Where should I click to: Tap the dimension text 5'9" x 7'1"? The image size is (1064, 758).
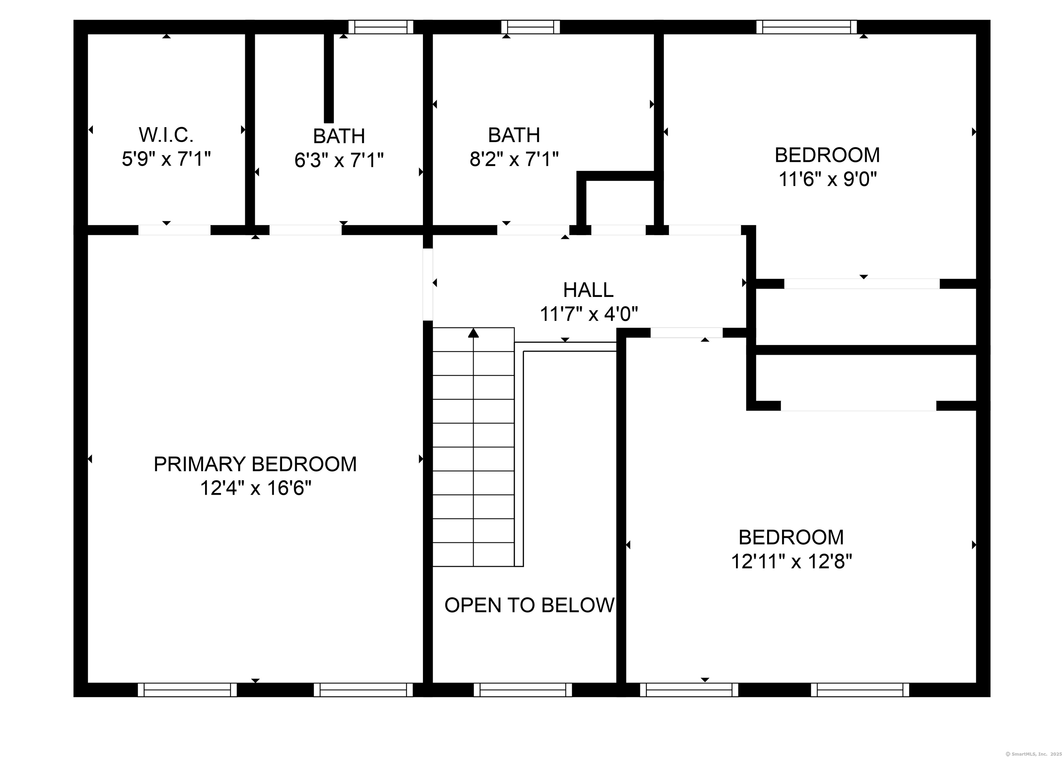(x=166, y=159)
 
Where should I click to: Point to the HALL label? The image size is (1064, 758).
(x=588, y=290)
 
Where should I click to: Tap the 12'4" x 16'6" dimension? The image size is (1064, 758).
(x=255, y=488)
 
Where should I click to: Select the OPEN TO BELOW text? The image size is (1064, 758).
(x=529, y=605)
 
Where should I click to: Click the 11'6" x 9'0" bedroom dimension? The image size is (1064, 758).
(x=827, y=179)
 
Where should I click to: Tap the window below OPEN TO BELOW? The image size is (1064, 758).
(x=523, y=690)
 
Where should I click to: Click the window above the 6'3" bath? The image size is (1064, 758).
(x=381, y=27)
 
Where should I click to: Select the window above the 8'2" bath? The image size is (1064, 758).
(x=531, y=27)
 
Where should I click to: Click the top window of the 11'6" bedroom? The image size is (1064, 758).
(x=806, y=27)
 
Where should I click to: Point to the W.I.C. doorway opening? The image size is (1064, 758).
(x=174, y=230)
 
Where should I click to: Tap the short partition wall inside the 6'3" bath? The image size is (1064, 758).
(x=329, y=77)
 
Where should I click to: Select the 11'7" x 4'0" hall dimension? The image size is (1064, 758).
(x=588, y=314)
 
